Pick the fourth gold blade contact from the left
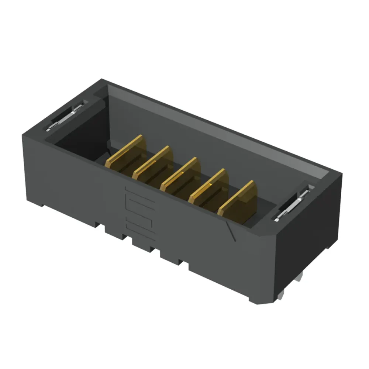(210, 186)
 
